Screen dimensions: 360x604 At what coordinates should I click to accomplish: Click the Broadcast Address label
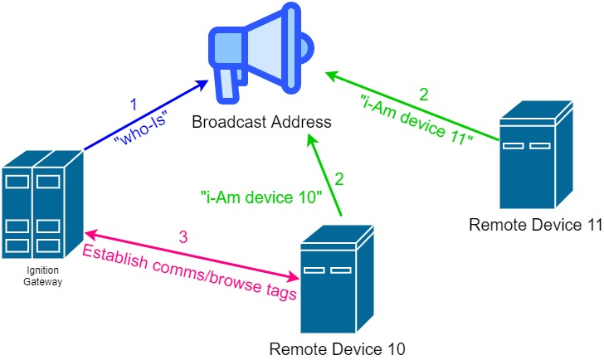[261, 123]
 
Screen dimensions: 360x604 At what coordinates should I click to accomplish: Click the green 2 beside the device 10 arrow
[339, 178]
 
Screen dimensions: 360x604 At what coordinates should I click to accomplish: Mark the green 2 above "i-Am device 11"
[424, 94]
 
